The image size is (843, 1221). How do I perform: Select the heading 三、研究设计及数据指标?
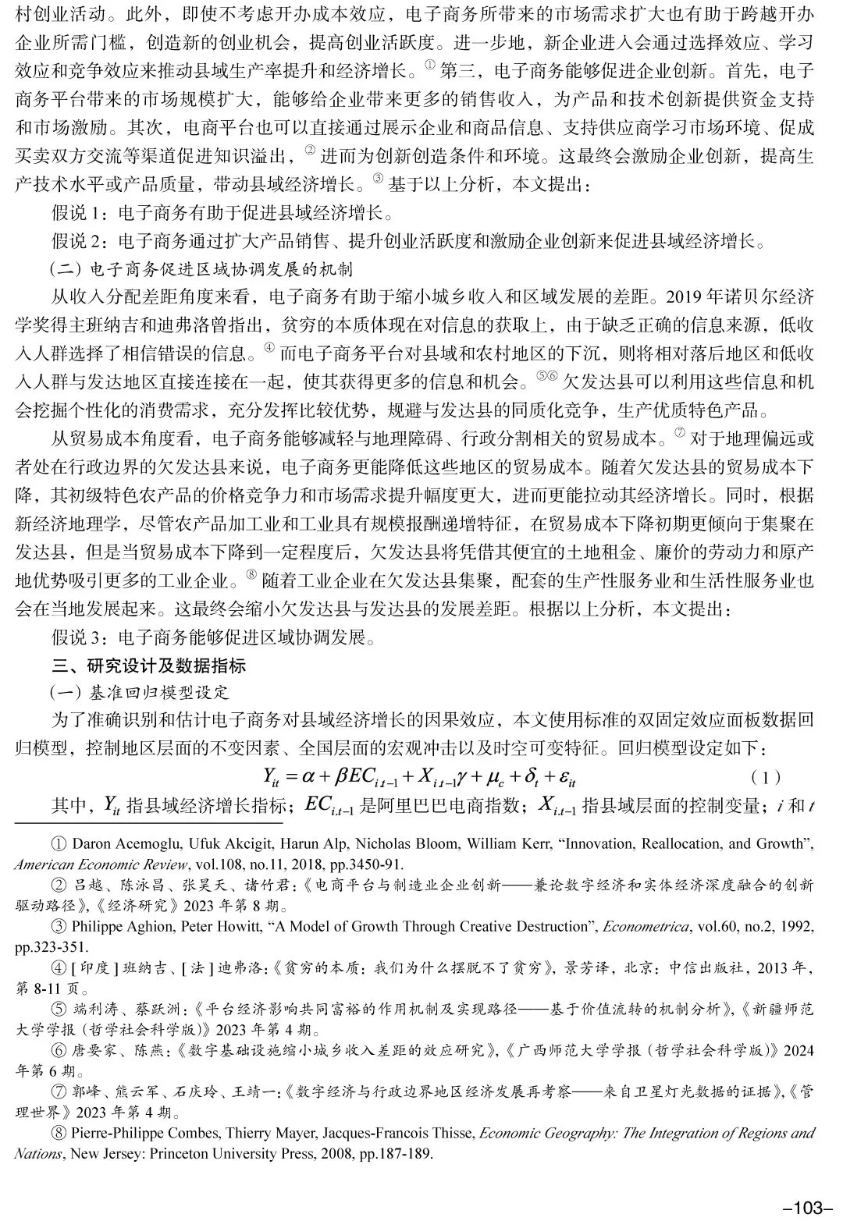click(149, 666)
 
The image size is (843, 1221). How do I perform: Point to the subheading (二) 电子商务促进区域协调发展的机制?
click(201, 269)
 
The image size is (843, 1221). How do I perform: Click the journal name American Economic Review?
click(101, 864)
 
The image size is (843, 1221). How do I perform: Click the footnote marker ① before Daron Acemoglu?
click(59, 843)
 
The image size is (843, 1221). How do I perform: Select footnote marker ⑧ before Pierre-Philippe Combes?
click(59, 1133)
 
